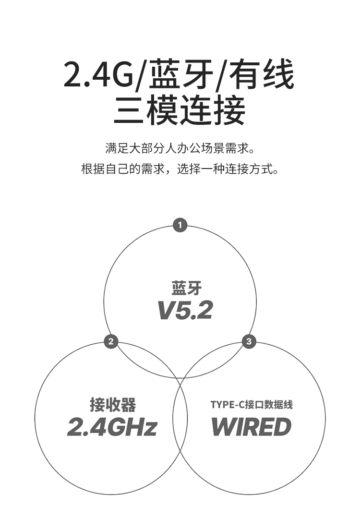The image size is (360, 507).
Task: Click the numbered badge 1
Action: click(180, 225)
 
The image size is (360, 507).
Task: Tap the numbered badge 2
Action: click(111, 342)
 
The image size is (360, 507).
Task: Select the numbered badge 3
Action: click(249, 342)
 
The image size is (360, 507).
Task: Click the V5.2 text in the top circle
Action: click(185, 311)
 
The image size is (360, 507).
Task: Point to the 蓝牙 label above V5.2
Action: click(187, 288)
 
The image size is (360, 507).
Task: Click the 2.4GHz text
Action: click(112, 427)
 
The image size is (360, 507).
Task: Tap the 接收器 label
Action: click(113, 404)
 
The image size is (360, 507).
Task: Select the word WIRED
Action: click(251, 427)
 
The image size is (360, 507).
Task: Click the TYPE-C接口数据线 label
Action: click(252, 404)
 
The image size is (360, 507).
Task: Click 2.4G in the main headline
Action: click(98, 75)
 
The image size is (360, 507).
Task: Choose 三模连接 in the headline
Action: click(180, 110)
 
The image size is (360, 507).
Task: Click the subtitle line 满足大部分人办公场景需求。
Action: click(180, 147)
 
